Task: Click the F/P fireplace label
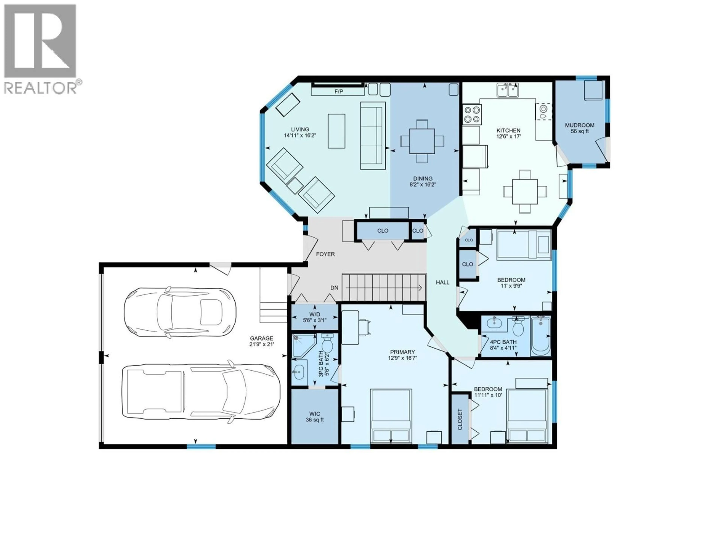pos(338,92)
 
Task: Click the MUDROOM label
pos(580,125)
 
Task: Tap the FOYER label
pos(325,254)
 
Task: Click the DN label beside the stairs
pos(334,287)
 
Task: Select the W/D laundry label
pos(314,314)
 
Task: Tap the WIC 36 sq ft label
pos(315,417)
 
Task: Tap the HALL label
pos(442,282)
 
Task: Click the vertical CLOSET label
pos(460,419)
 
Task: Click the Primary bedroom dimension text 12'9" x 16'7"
pos(402,358)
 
